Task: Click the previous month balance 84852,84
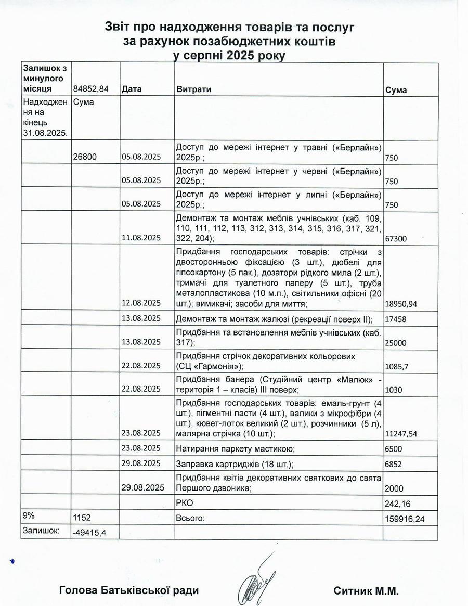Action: coord(91,89)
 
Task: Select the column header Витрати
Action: coord(194,89)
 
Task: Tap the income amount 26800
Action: coord(86,157)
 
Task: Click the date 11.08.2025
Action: coord(141,238)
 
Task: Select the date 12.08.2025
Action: coord(141,303)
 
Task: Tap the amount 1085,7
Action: coord(397,366)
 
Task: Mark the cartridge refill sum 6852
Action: coord(395,464)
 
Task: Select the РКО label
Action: coord(185,503)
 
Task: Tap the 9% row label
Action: coord(29,515)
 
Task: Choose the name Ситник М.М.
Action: coord(365,590)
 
